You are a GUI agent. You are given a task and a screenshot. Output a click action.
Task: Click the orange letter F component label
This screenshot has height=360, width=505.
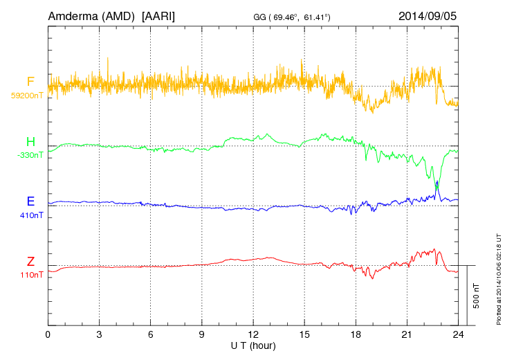(x=30, y=82)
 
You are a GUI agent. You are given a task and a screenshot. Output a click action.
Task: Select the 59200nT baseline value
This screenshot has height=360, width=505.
(x=27, y=96)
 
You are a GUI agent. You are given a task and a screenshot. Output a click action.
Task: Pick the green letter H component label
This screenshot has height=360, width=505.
(x=30, y=142)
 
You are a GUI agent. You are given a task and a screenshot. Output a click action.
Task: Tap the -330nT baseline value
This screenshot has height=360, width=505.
(x=30, y=155)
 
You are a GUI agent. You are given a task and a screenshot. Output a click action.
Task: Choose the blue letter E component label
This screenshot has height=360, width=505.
(x=30, y=201)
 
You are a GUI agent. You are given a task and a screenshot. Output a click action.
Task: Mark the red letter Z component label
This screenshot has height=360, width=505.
(x=30, y=262)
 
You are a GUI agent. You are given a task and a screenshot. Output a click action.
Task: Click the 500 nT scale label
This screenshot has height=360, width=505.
(x=476, y=295)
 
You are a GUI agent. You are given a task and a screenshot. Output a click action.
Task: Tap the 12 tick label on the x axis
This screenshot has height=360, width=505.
(x=253, y=334)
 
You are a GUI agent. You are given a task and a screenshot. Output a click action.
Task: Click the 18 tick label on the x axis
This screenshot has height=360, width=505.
(x=356, y=334)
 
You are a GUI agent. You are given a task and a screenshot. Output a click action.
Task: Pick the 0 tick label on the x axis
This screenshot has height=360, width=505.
(x=48, y=334)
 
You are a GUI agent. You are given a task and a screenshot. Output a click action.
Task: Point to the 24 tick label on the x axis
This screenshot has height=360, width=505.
(x=458, y=334)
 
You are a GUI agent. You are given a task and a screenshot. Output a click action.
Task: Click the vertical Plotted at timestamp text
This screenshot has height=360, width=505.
(x=498, y=278)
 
